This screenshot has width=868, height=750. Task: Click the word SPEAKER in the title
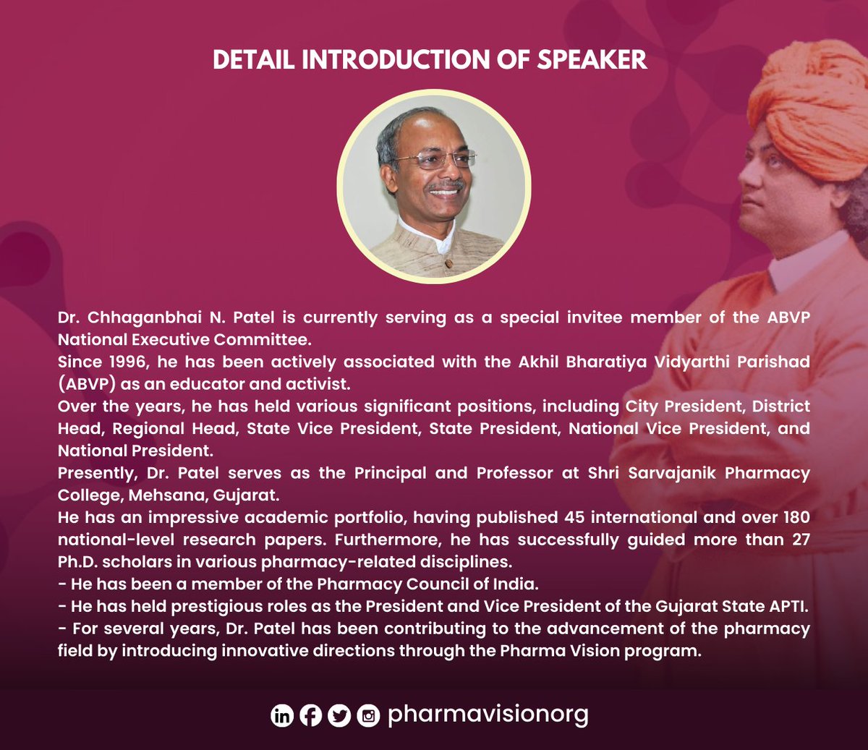click(x=592, y=60)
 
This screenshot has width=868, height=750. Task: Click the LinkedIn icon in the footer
click(x=281, y=716)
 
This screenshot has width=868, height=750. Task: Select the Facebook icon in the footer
click(x=310, y=716)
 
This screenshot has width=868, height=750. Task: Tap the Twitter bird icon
click(x=339, y=716)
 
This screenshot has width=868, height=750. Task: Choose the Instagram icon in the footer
click(x=368, y=716)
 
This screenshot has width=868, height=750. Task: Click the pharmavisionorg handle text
click(x=488, y=715)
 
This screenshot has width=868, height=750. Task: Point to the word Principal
click(x=391, y=473)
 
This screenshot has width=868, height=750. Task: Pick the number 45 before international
click(x=569, y=517)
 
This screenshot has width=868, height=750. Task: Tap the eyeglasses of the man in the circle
click(x=435, y=158)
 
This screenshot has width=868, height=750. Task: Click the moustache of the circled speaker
click(x=444, y=186)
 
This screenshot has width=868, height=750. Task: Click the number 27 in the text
click(x=801, y=540)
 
